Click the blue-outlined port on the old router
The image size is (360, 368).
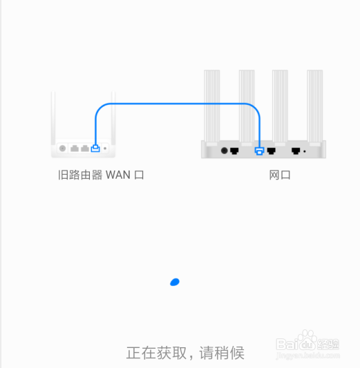pyautogui.click(x=95, y=148)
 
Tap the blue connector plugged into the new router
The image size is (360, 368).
pyautogui.click(x=259, y=151)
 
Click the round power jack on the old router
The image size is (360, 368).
pyautogui.click(x=62, y=148)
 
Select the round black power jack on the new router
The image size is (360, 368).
pyautogui.click(x=225, y=151)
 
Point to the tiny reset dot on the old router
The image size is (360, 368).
pyautogui.click(x=105, y=148)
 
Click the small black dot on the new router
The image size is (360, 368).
pyautogui.click(x=305, y=152)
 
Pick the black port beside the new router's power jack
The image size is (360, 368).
pyautogui.click(x=234, y=151)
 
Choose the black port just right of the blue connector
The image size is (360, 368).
pyautogui.click(x=272, y=151)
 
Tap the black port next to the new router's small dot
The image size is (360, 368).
pyautogui.click(x=296, y=151)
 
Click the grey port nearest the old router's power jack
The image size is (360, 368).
pyautogui.click(x=75, y=148)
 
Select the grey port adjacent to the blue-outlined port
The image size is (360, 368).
pyautogui.click(x=85, y=148)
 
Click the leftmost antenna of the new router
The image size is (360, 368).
pyautogui.click(x=212, y=106)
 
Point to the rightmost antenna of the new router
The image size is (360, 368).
pyautogui.click(x=315, y=106)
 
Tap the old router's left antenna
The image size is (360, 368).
pyautogui.click(x=53, y=118)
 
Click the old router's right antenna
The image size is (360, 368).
pyautogui.click(x=113, y=118)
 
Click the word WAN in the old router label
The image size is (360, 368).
pyautogui.click(x=118, y=175)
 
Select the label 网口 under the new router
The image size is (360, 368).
pyautogui.click(x=280, y=175)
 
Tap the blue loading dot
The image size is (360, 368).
pyautogui.click(x=175, y=282)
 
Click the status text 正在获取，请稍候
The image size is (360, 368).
pyautogui.click(x=185, y=353)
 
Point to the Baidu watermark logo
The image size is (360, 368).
pyautogui.click(x=308, y=345)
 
